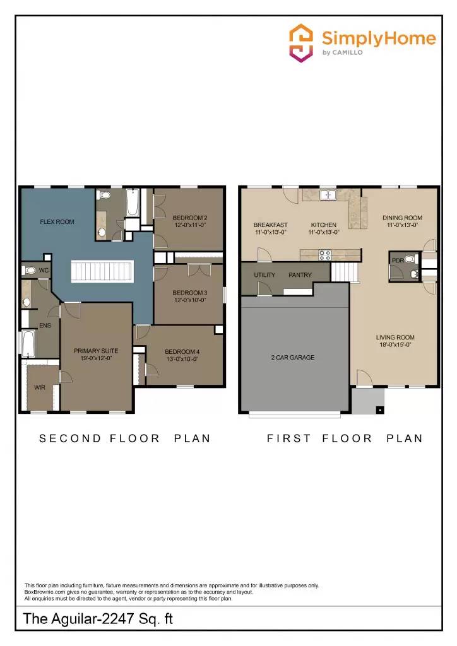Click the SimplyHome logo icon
[301, 42]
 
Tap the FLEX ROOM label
[57, 222]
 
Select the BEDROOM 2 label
[190, 221]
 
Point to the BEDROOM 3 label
[190, 296]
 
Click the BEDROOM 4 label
[182, 355]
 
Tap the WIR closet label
[39, 387]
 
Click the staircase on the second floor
[101, 272]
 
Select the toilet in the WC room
[29, 270]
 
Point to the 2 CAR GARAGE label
[293, 358]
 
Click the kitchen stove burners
[324, 255]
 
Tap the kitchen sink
[328, 195]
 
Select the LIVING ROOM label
[395, 341]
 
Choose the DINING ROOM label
[402, 221]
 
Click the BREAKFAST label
[270, 228]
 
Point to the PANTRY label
[300, 276]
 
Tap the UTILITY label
[264, 276]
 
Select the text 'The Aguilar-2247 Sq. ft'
[98, 619]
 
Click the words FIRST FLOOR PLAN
[344, 438]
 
